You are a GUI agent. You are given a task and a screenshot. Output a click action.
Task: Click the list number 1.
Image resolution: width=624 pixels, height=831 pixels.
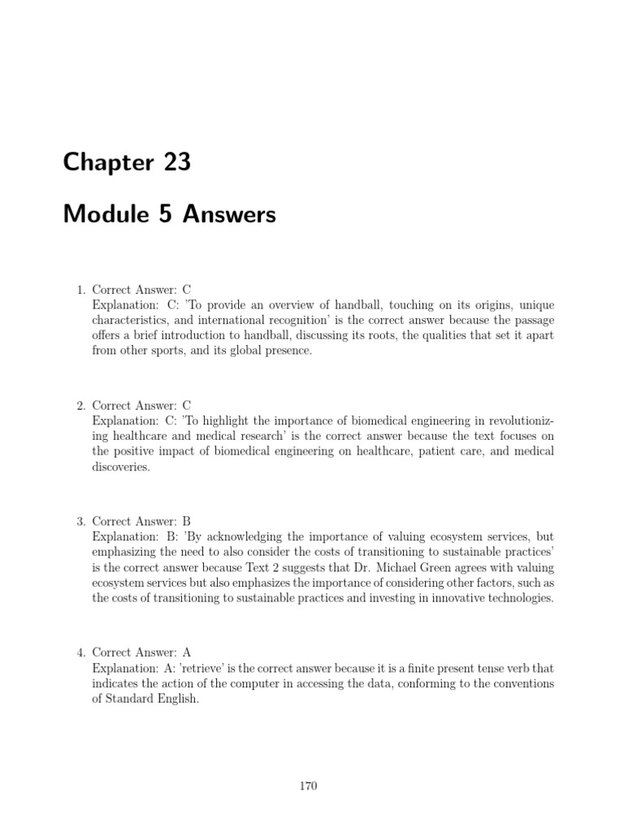80,289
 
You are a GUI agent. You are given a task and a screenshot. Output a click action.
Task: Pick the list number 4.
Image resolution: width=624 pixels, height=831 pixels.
80,652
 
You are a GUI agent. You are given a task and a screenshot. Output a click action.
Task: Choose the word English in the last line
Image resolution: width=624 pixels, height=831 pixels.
176,699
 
